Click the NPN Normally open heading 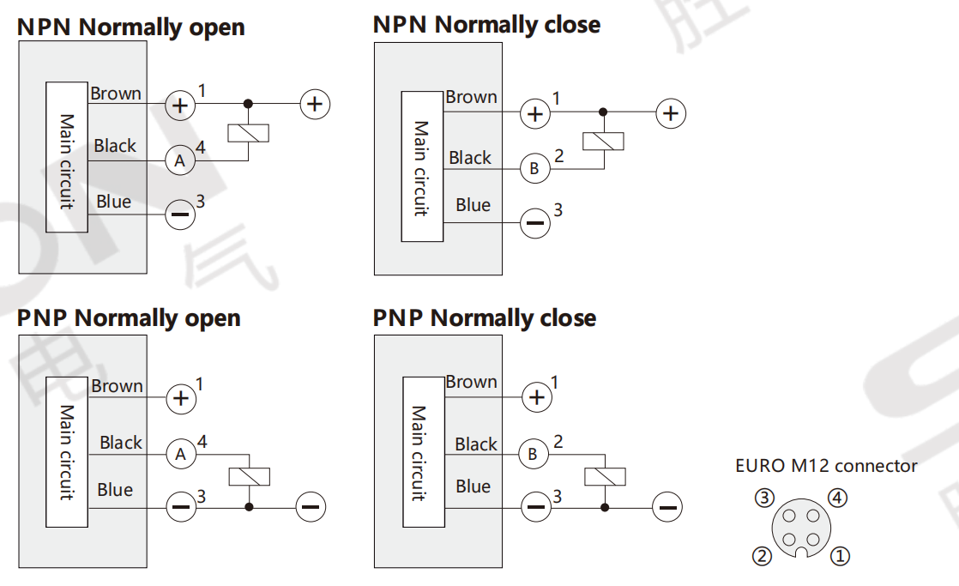pos(130,27)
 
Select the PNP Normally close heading pos(484,318)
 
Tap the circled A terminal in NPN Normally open pos(180,160)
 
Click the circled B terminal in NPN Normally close pos(534,168)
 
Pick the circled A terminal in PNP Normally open pos(180,454)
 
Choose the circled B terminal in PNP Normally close pos(534,454)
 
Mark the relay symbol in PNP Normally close pos(605,477)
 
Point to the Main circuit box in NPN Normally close pos(422,166)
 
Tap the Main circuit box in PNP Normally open pos(67,452)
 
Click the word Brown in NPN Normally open pos(116,94)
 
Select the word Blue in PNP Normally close pos(473,486)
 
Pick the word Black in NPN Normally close pos(470,158)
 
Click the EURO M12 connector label pos(826,466)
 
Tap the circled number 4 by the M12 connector pos(838,497)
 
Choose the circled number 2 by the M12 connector pos(763,556)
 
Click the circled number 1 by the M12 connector pos(841,556)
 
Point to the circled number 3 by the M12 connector pos(765,498)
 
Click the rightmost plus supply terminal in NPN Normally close pos(671,113)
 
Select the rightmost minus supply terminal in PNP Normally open pos(311,507)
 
